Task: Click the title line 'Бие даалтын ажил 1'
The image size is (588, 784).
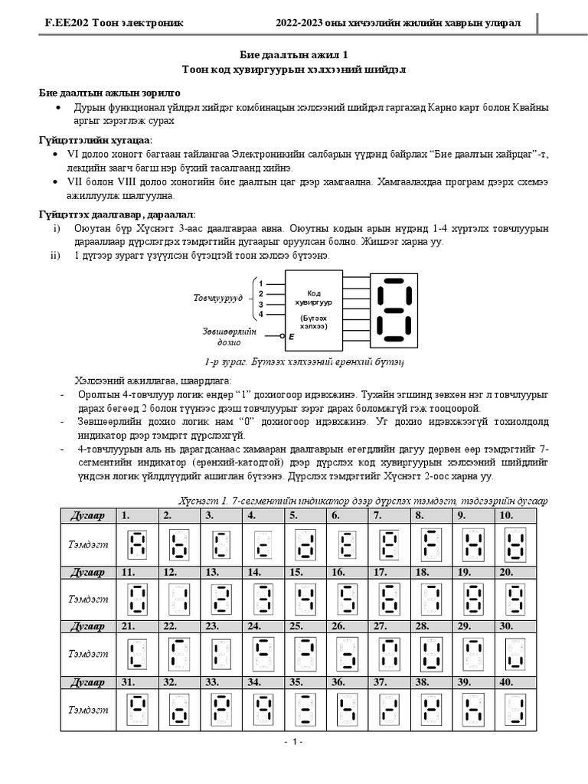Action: point(293,54)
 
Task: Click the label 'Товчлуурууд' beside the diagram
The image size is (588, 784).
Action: point(217,296)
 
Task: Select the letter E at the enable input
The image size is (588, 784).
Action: point(291,337)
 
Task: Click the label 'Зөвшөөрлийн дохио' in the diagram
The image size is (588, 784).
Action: point(230,337)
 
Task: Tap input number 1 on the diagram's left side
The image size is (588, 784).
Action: point(261,283)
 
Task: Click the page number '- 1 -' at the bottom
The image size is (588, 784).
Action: point(293,742)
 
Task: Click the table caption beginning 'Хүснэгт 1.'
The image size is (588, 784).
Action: point(341,501)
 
